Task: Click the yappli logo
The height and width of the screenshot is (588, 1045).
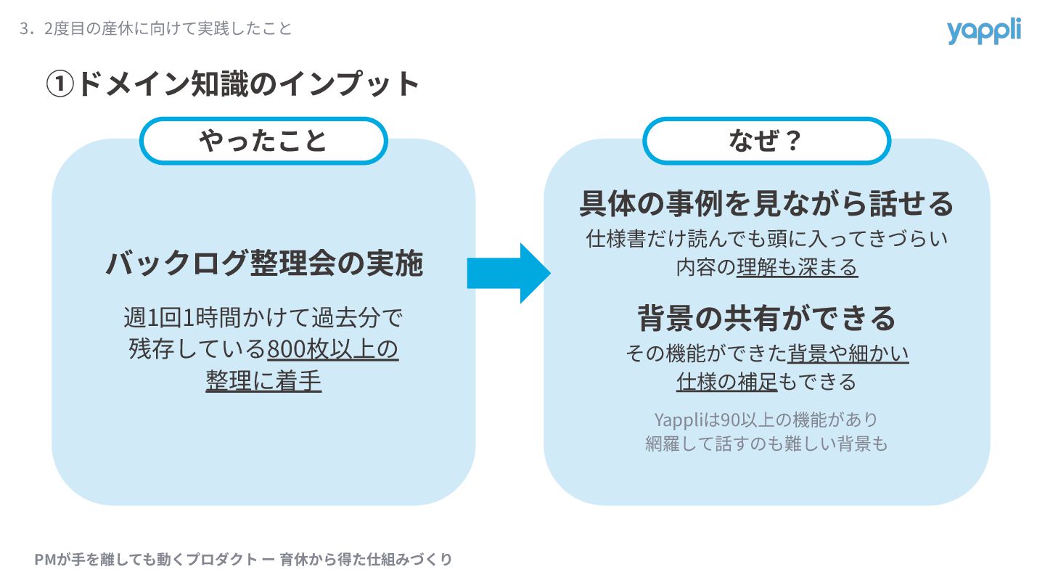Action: [983, 30]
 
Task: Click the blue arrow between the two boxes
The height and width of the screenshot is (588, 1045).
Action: [508, 273]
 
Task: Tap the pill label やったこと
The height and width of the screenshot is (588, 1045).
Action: [263, 140]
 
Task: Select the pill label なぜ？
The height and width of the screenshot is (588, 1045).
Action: [766, 140]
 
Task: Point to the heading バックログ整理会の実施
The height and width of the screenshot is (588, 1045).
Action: [264, 263]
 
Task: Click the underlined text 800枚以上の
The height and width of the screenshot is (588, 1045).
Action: [332, 350]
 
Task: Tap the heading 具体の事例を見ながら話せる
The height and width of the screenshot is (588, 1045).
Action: [766, 204]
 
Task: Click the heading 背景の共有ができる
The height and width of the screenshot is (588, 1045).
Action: [766, 318]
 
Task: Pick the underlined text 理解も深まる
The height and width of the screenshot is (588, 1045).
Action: [797, 267]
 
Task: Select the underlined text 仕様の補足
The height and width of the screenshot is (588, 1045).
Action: [726, 381]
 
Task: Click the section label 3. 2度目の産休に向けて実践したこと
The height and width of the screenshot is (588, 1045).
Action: [156, 29]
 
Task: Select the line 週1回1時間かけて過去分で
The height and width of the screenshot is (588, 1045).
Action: [263, 318]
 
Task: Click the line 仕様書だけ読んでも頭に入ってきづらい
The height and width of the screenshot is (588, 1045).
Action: [766, 238]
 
